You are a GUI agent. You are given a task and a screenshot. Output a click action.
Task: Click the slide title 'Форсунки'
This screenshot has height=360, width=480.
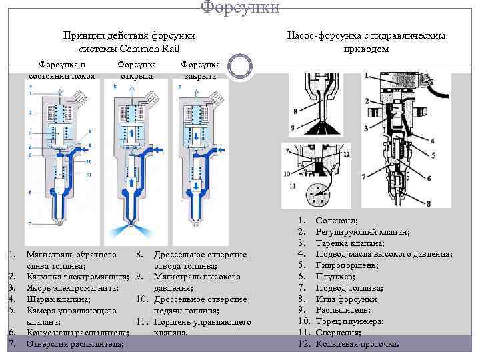point(240,7)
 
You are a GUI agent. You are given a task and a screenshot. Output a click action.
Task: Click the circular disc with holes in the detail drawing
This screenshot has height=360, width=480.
point(319,196)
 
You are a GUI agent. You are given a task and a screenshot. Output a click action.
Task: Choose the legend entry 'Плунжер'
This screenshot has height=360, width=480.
point(335,277)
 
